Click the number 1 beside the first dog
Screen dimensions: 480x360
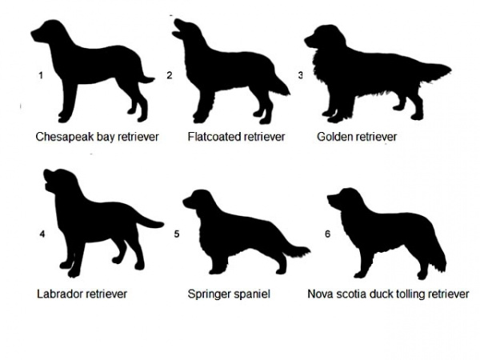click(x=41, y=75)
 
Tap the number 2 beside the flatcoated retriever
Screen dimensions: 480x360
click(x=170, y=75)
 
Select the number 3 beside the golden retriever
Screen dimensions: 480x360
click(x=300, y=75)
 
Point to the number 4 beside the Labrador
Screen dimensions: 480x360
click(x=42, y=234)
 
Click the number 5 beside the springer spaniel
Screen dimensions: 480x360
click(x=177, y=234)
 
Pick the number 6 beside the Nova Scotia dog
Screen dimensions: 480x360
click(x=327, y=234)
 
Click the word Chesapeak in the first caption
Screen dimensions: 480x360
click(x=65, y=137)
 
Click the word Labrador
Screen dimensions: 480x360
click(x=60, y=294)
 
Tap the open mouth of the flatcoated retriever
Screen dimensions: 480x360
click(x=177, y=30)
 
